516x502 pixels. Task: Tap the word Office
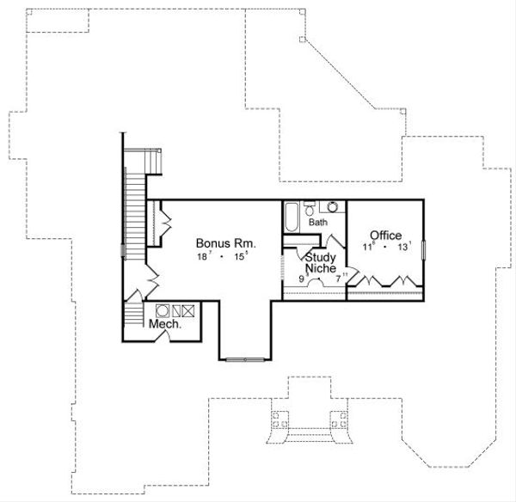point(386,235)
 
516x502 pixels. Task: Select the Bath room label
point(318,223)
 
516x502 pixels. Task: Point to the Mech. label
point(164,325)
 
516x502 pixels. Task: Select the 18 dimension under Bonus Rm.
point(200,256)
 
